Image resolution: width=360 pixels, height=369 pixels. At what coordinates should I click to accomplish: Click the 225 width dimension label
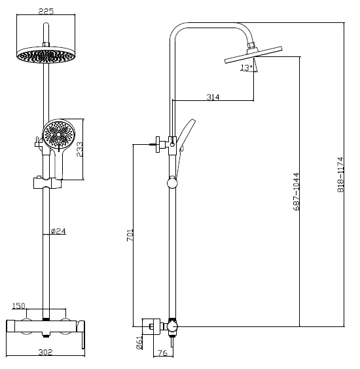(x=46, y=11)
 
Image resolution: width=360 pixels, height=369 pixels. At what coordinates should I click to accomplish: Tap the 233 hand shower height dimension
(x=79, y=149)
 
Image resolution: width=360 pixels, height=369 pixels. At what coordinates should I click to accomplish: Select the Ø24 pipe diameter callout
(x=58, y=231)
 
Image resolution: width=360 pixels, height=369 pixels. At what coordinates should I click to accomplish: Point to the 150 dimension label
(x=18, y=305)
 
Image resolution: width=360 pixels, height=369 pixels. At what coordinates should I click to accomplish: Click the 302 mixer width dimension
(x=45, y=353)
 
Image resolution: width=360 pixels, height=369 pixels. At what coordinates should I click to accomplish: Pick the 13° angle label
(x=246, y=68)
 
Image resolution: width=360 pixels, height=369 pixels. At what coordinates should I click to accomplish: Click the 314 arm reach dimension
(x=213, y=97)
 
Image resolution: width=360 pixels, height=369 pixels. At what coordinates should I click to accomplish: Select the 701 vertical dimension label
(x=130, y=235)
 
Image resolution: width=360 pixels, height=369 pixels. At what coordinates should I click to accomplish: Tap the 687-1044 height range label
(x=297, y=191)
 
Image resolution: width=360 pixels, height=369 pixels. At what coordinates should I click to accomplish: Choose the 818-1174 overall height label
(x=340, y=174)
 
